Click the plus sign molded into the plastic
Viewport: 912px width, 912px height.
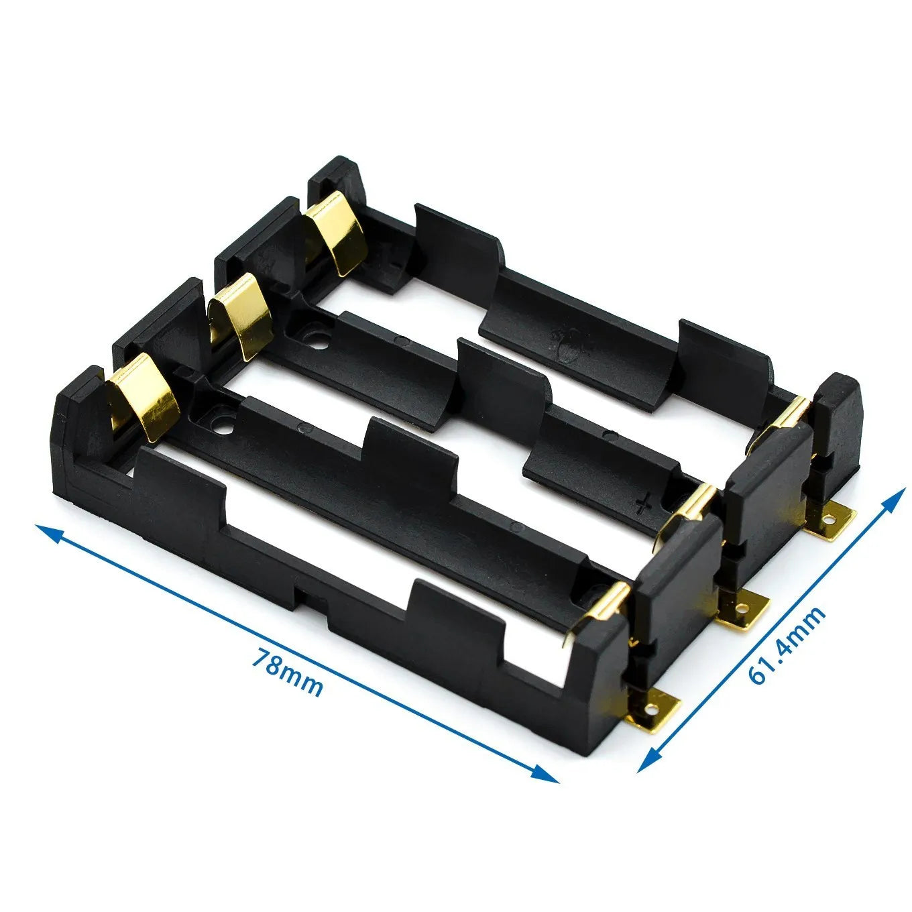[x=644, y=501]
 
